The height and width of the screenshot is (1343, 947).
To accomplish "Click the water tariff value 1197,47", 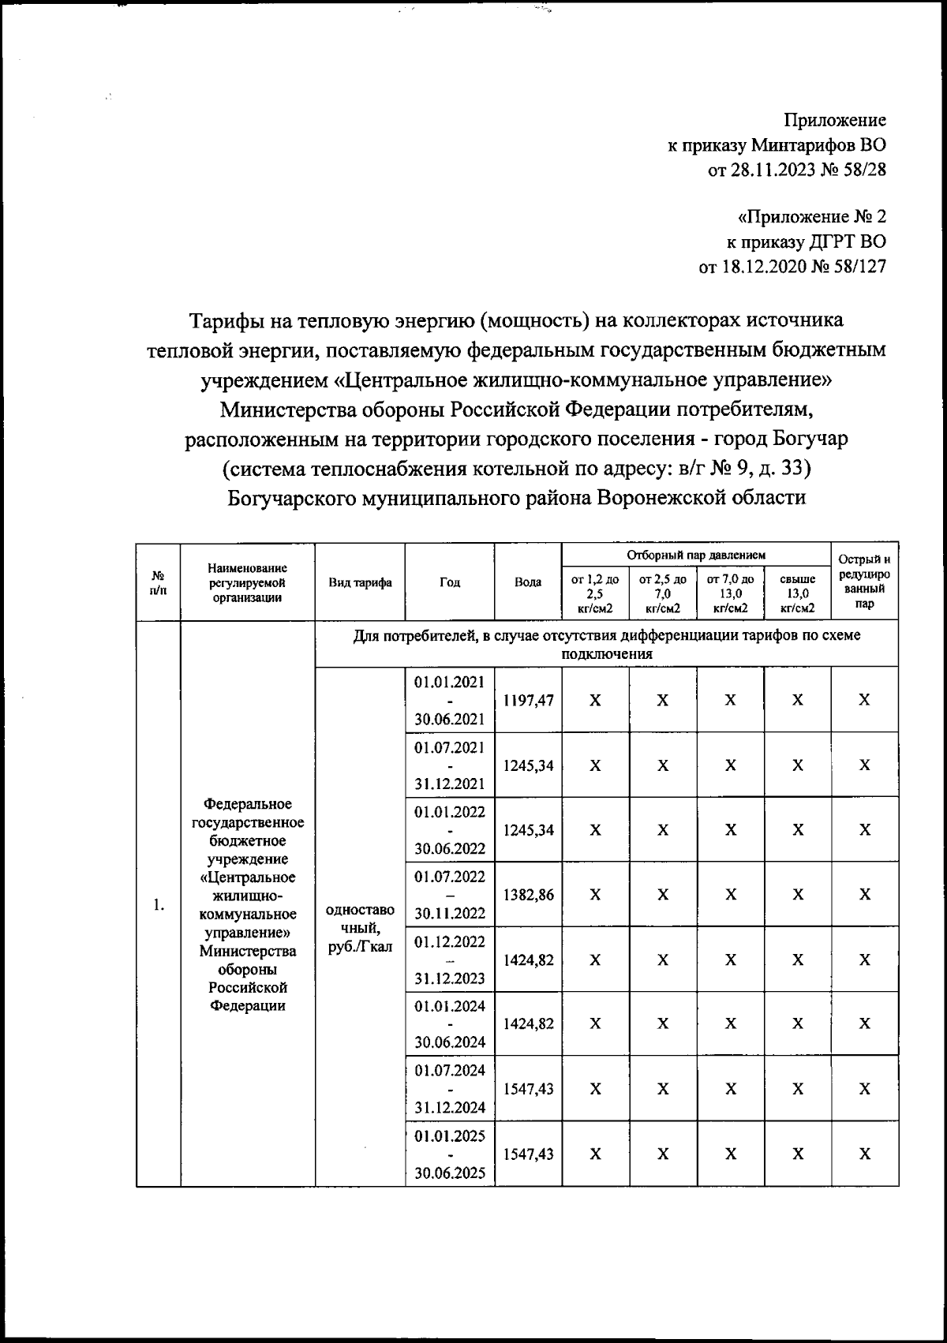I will pos(528,700).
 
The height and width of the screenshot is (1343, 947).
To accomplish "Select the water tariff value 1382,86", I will pos(528,894).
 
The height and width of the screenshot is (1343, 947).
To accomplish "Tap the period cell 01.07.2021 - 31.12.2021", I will pos(450,765).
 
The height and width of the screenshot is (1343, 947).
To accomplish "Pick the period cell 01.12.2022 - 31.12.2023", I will pos(450,960).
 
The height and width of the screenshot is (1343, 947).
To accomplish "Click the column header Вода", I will pos(528,582).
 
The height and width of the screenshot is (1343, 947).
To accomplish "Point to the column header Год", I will pos(450,582).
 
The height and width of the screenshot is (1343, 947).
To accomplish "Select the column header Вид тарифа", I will pos(360,582).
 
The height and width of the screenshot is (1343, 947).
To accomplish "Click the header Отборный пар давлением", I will pos(696,556).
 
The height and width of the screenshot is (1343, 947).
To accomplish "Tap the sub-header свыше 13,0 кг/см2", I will pos(797,593).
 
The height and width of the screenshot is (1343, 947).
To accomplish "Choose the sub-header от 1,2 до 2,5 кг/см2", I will pos(595,593).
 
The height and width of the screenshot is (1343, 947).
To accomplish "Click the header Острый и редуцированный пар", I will pos(864,582).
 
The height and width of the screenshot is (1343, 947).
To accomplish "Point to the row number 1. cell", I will pos(159,905).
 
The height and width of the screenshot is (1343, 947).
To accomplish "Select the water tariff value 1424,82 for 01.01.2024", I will pos(528,1024).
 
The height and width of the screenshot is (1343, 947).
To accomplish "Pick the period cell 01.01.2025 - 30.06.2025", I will pos(450,1154).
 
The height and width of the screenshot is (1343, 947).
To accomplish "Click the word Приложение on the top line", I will pos(834,120).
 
